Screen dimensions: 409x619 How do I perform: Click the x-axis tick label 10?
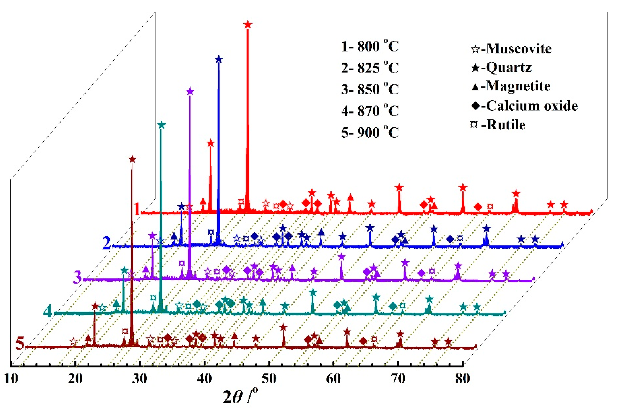coord(11,378)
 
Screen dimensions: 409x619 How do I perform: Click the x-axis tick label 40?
coord(204,378)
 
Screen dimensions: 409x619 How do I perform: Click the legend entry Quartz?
coord(501,67)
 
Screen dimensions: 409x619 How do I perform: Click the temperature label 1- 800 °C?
coord(370,46)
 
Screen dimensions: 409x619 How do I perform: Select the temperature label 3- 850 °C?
coord(370,89)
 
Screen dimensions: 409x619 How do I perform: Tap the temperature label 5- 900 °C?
coord(370,132)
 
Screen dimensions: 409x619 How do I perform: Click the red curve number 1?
coord(137,209)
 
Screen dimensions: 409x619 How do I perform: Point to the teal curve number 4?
coord(47,311)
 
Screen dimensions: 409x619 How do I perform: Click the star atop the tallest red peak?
coord(248,25)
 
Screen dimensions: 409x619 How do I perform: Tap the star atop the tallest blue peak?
coord(219,59)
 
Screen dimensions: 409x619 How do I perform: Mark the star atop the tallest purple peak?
coord(190,91)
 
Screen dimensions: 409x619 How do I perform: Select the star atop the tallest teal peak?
coord(162,125)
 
